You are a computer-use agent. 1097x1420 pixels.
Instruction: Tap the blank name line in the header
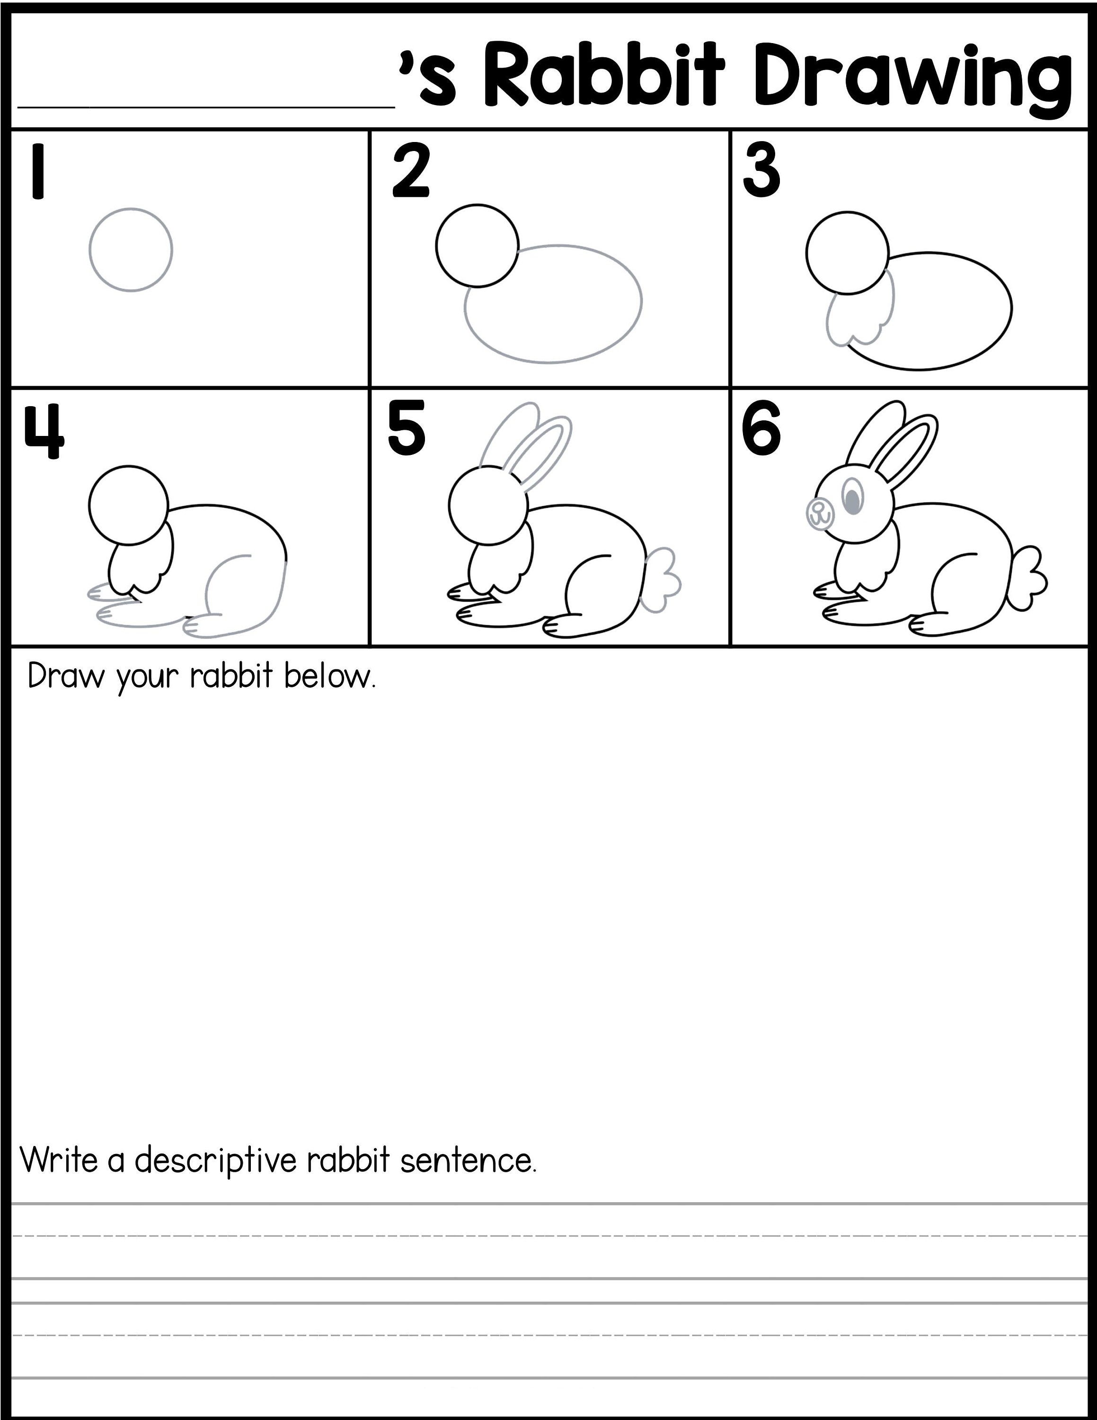207,91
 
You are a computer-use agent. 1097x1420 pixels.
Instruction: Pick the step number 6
761,429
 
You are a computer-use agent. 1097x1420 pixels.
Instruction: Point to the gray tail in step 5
662,579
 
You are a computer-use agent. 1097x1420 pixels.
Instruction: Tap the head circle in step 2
477,245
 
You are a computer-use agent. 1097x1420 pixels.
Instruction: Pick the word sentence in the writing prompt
468,1160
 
